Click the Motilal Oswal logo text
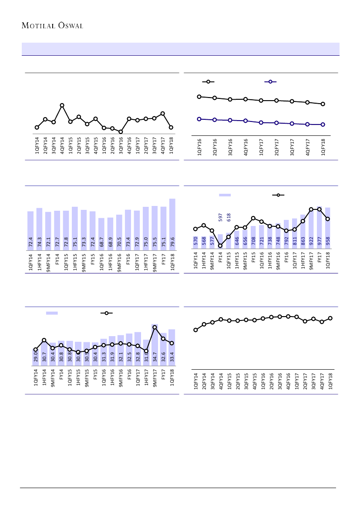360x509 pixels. (x=52, y=25)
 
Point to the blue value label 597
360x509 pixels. (x=220, y=217)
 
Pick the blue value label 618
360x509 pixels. (x=229, y=217)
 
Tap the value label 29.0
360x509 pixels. (x=35, y=358)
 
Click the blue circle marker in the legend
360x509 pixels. (x=270, y=82)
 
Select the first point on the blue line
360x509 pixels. (x=199, y=119)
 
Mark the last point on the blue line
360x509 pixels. (x=323, y=125)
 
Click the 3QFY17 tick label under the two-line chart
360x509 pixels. (x=292, y=147)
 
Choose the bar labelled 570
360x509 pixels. (x=195, y=242)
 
